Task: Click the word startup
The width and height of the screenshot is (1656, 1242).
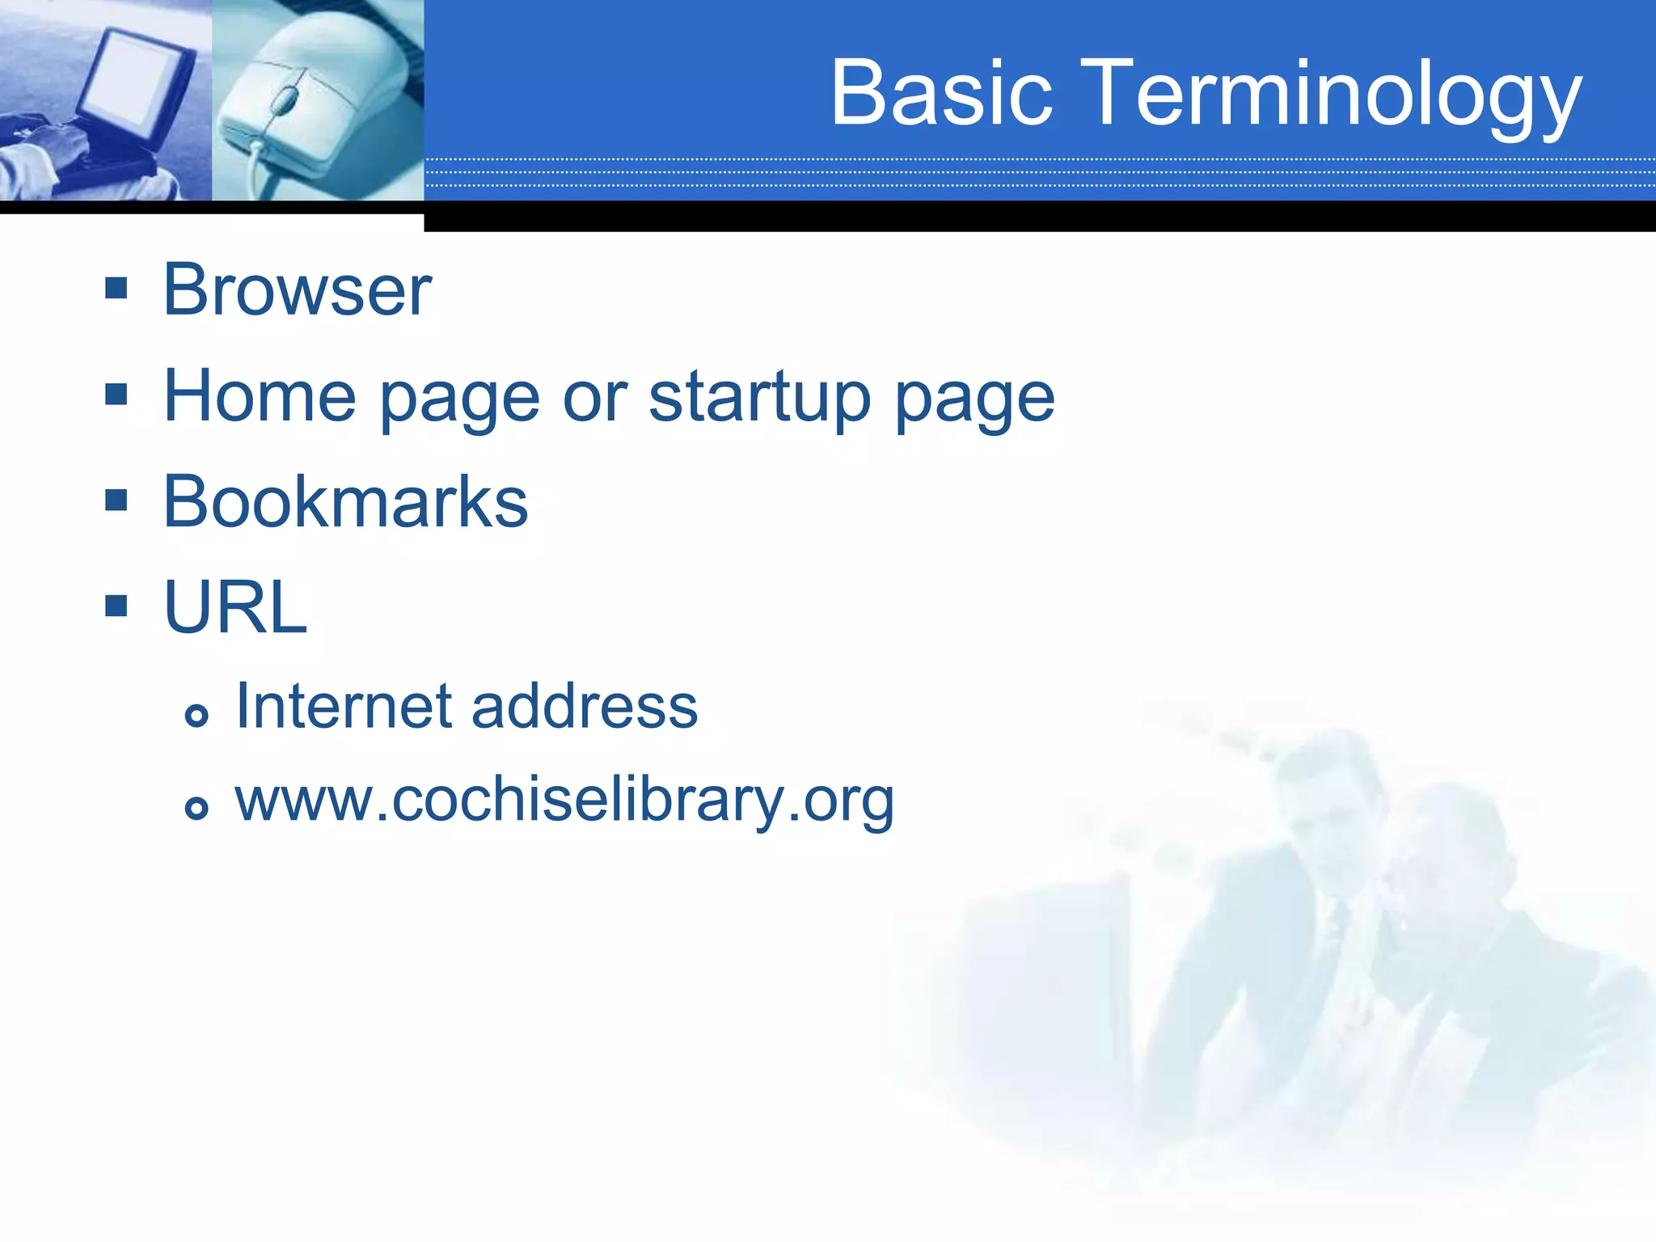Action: [759, 398]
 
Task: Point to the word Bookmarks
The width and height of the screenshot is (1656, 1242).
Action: [345, 502]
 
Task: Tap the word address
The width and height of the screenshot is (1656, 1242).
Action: [584, 706]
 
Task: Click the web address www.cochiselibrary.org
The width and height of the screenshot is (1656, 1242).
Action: [564, 801]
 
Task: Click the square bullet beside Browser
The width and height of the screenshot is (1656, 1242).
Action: [116, 288]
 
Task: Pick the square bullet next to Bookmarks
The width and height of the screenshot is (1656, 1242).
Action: [116, 500]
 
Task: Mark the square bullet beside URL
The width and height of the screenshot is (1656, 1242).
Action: [116, 605]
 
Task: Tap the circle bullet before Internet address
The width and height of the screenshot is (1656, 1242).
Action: [196, 715]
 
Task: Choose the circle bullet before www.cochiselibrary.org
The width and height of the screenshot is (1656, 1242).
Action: [196, 807]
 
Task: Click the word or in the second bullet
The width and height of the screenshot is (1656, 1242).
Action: [594, 397]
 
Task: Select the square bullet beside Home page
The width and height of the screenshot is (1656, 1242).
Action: [116, 394]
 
